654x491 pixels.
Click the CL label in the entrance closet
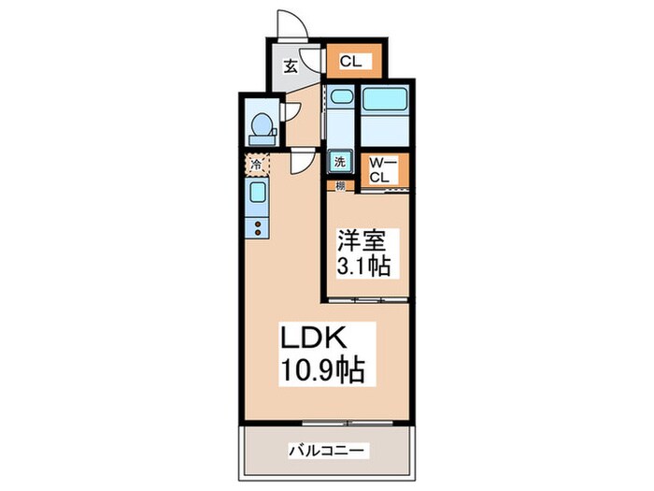click(x=351, y=63)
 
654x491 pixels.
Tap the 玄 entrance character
click(x=291, y=65)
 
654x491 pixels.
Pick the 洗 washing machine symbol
click(x=340, y=161)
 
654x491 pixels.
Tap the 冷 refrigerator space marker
click(x=256, y=165)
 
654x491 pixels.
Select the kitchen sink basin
click(x=256, y=195)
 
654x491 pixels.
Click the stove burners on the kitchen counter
click(x=256, y=226)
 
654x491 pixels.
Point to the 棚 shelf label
click(x=341, y=185)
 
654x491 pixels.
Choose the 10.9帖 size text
click(x=326, y=369)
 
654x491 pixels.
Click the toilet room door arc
click(x=292, y=109)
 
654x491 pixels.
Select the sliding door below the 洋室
click(x=368, y=299)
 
